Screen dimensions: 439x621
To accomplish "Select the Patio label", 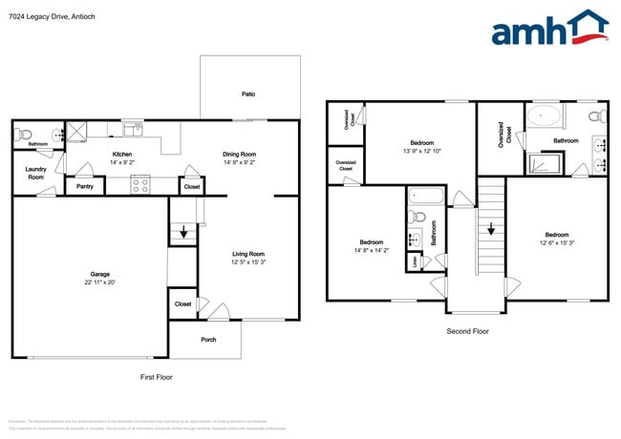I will click(248, 94).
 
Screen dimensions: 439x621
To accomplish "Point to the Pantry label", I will click(84, 187).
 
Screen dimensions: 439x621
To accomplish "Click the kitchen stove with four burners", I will click(140, 187).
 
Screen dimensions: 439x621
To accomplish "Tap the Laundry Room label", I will click(35, 174).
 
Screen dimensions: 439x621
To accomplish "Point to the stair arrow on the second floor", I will click(490, 230).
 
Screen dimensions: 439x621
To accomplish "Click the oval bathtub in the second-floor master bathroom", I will click(546, 116).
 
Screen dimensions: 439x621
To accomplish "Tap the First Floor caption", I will click(156, 377).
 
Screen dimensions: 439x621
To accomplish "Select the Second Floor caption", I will click(468, 331).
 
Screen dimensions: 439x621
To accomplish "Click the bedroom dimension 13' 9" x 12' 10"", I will click(421, 151).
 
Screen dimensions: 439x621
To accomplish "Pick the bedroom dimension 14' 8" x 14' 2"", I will click(372, 250).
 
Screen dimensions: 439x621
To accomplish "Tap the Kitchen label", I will click(122, 154).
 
